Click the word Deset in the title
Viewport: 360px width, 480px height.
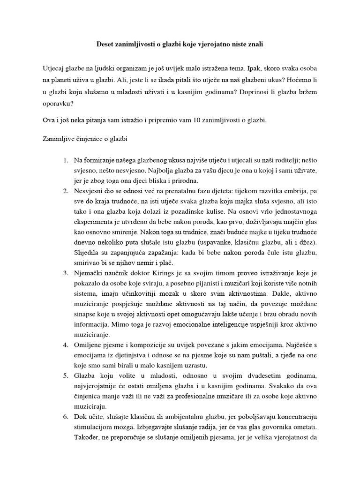click(105, 44)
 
